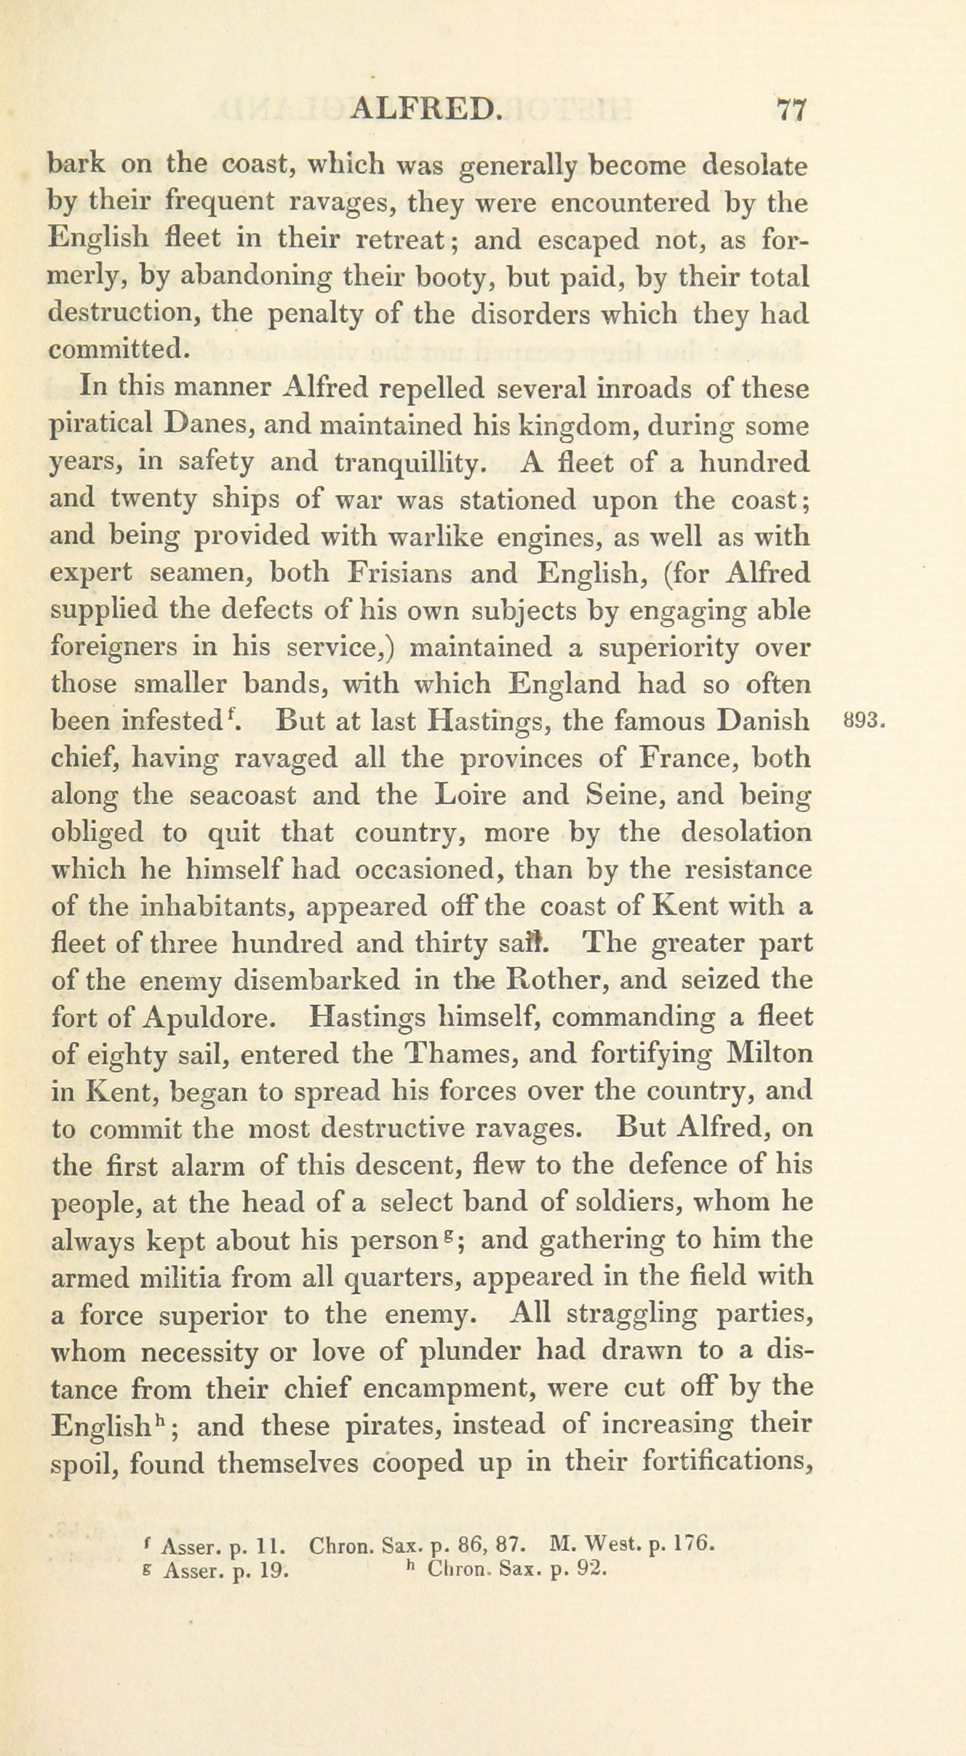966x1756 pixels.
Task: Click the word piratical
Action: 101,426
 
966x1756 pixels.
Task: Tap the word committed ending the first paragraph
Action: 119,350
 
